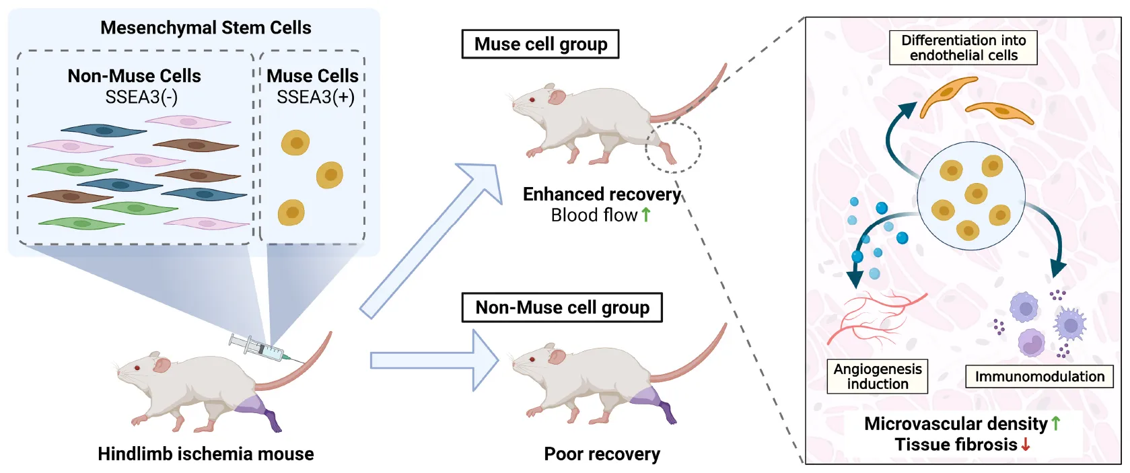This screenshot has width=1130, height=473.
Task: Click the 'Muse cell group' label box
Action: tap(540, 44)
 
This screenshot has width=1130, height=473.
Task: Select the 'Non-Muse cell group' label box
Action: tap(562, 307)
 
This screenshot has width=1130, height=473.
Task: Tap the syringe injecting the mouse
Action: tap(259, 348)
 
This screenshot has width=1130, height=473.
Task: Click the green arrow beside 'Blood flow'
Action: tap(646, 215)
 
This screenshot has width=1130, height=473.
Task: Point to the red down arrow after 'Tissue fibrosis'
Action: tap(1026, 444)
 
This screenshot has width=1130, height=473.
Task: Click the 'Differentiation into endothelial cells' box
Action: tap(963, 48)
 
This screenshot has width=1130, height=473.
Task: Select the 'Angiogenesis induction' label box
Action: tap(877, 376)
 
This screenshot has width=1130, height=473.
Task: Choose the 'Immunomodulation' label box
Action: tap(1039, 376)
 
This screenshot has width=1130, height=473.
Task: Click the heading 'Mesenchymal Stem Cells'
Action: tap(205, 28)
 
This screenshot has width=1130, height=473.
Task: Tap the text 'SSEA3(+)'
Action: tap(315, 97)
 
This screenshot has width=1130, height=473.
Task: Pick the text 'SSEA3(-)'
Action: tap(141, 97)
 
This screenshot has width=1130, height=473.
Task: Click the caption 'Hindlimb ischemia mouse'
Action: tap(205, 453)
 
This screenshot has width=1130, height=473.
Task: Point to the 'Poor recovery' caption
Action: tap(602, 453)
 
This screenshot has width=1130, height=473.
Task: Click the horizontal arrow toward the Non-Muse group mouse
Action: tap(434, 361)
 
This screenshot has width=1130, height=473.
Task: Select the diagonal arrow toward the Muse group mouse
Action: tap(431, 241)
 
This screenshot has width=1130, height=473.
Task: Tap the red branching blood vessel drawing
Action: tap(875, 316)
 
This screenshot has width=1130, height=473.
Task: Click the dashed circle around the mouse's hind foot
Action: tap(673, 147)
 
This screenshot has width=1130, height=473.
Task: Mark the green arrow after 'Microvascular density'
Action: tap(1055, 423)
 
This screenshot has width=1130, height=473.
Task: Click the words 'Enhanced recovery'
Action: tap(602, 194)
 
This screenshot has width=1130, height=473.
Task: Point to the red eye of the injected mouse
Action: tap(137, 367)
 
